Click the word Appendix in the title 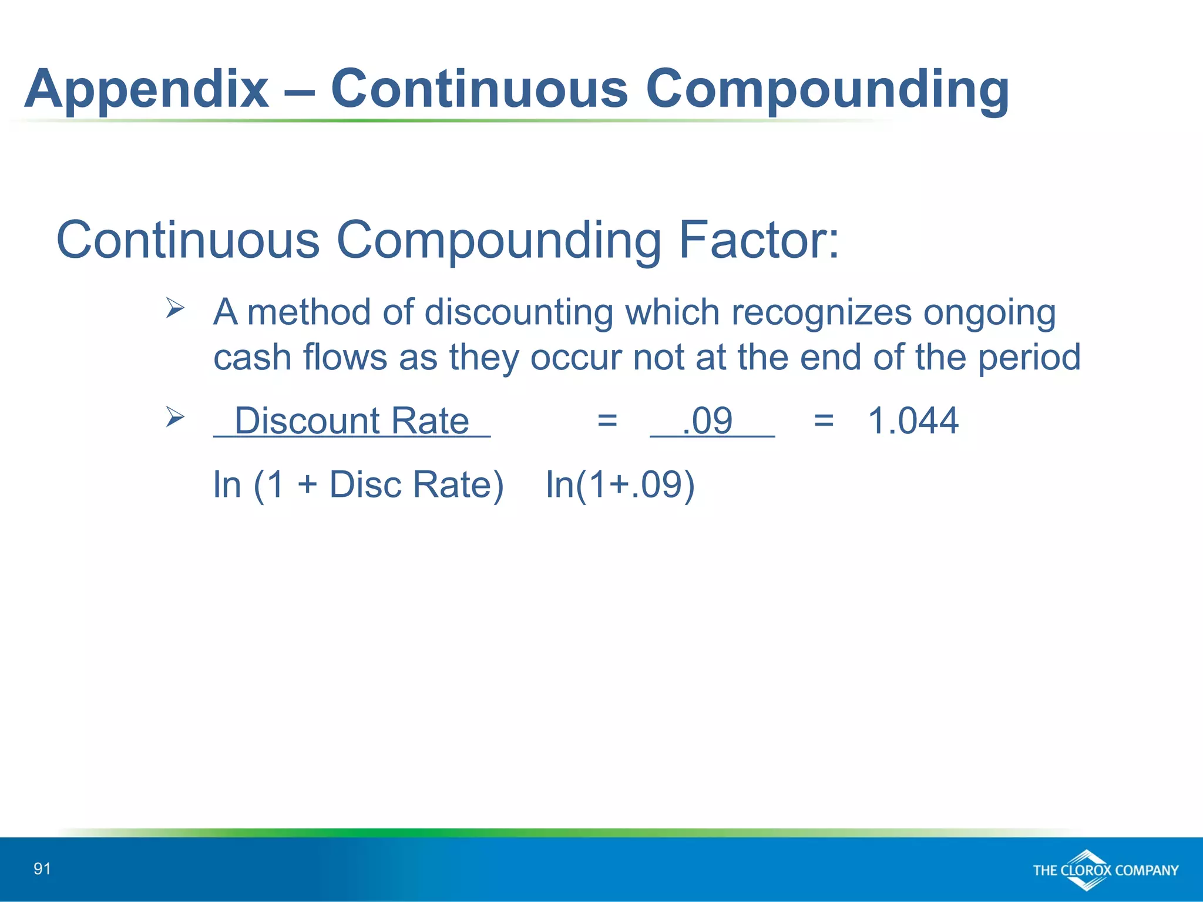coord(146,90)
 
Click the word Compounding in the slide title coord(827,90)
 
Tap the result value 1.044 coord(913,421)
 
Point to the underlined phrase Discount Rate coord(351,421)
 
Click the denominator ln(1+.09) coord(620,485)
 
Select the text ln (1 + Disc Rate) coord(358,485)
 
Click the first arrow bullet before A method coord(174,307)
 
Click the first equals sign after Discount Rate coord(607,421)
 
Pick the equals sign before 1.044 coord(824,421)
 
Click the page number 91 coord(42,869)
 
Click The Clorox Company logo coord(1104,870)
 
